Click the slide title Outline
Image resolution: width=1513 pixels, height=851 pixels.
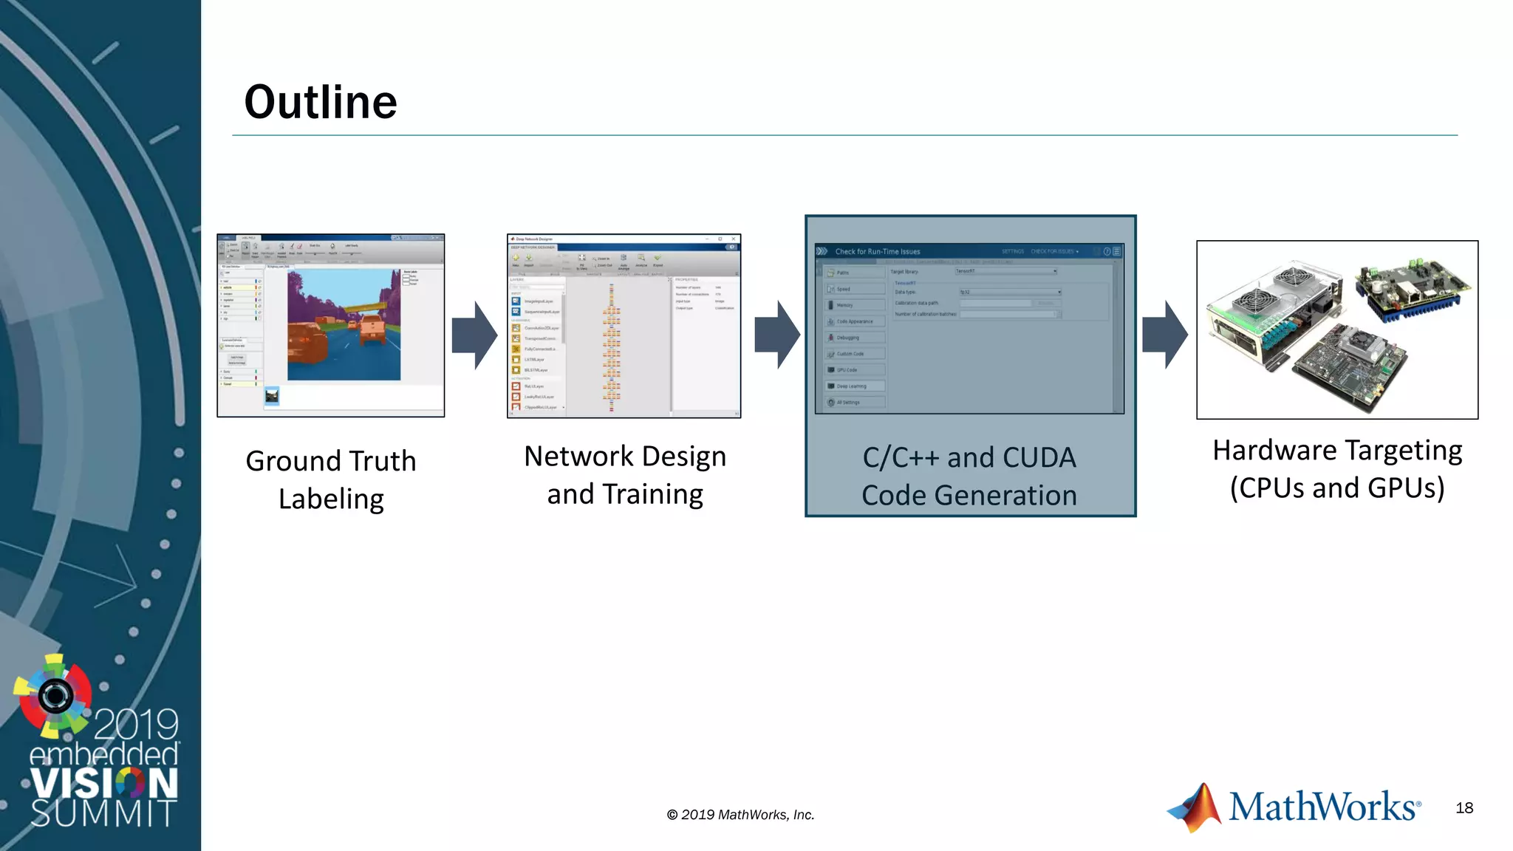coord(321,102)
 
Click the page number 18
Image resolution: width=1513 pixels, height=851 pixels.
coord(1464,808)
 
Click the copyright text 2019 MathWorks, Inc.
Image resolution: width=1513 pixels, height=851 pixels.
coord(740,815)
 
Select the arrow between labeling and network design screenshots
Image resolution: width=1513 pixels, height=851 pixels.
coord(474,335)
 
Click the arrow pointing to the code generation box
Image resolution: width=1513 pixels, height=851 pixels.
coord(777,335)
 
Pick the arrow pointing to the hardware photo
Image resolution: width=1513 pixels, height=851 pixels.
coord(1165,335)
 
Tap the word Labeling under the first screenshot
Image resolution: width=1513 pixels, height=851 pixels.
coord(331,499)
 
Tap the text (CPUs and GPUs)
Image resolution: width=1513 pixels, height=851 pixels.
coord(1337,488)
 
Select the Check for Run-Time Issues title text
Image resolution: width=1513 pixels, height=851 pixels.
coord(878,252)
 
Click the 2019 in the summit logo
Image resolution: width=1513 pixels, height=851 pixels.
coord(137,724)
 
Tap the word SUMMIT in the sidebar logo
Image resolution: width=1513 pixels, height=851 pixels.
coord(103,813)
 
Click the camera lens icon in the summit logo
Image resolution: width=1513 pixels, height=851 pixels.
coord(55,695)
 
